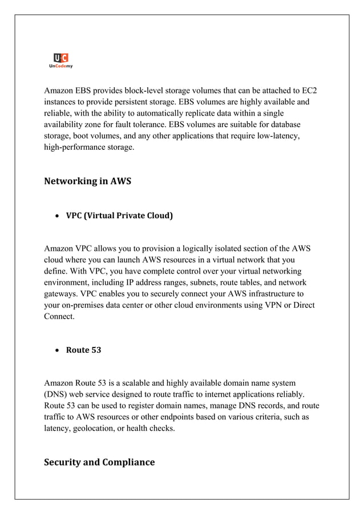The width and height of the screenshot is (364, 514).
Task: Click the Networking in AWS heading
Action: (x=87, y=181)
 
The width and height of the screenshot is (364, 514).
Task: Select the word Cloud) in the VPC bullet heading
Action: (x=159, y=215)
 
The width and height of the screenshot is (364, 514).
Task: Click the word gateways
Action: (x=62, y=293)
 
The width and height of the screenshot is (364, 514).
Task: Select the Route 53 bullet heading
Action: (x=83, y=349)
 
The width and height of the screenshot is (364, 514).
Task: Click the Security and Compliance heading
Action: (x=99, y=462)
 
